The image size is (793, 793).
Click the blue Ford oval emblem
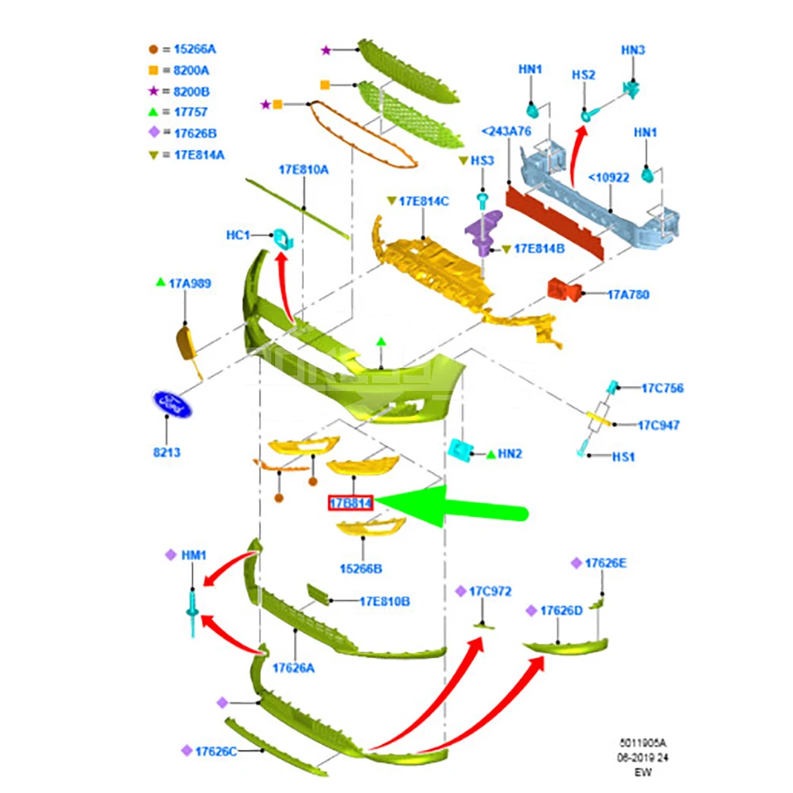(x=172, y=404)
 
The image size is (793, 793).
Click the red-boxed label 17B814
(x=351, y=503)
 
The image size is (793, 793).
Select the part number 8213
(x=167, y=452)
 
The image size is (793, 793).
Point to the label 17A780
(x=628, y=294)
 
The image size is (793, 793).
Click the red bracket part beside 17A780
(x=565, y=289)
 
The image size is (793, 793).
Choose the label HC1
(x=238, y=236)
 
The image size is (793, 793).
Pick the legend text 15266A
(x=195, y=49)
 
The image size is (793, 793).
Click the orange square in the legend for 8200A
(x=153, y=71)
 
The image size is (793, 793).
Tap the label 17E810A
(x=304, y=170)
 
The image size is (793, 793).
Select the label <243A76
(x=506, y=132)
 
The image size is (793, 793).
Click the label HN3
(x=633, y=50)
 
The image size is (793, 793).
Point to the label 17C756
(x=662, y=388)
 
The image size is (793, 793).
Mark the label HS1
(x=623, y=457)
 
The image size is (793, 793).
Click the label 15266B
(x=361, y=569)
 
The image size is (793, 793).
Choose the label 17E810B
(x=385, y=601)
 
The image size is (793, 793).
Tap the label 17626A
(x=293, y=668)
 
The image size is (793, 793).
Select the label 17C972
(x=490, y=592)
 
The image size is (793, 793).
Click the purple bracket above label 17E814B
(x=483, y=232)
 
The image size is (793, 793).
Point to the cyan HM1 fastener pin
(x=193, y=612)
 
